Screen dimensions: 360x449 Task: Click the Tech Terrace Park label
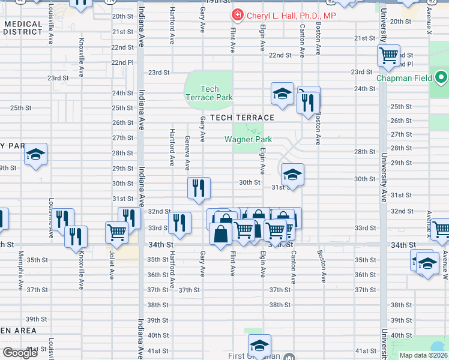pos(209,93)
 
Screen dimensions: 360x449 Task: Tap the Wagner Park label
pos(248,139)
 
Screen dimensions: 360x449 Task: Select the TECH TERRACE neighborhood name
pos(242,118)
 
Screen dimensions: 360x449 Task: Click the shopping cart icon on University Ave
pos(388,56)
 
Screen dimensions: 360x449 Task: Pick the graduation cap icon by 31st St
pos(292,175)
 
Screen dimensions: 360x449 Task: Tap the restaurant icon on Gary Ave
pos(199,188)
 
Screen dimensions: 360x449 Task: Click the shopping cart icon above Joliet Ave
pos(116,232)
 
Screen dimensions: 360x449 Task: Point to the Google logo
pos(20,353)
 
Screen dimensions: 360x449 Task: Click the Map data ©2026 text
pos(423,355)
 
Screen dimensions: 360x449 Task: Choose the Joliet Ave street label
pos(112,265)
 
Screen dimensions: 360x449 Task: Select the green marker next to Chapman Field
pos(441,78)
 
